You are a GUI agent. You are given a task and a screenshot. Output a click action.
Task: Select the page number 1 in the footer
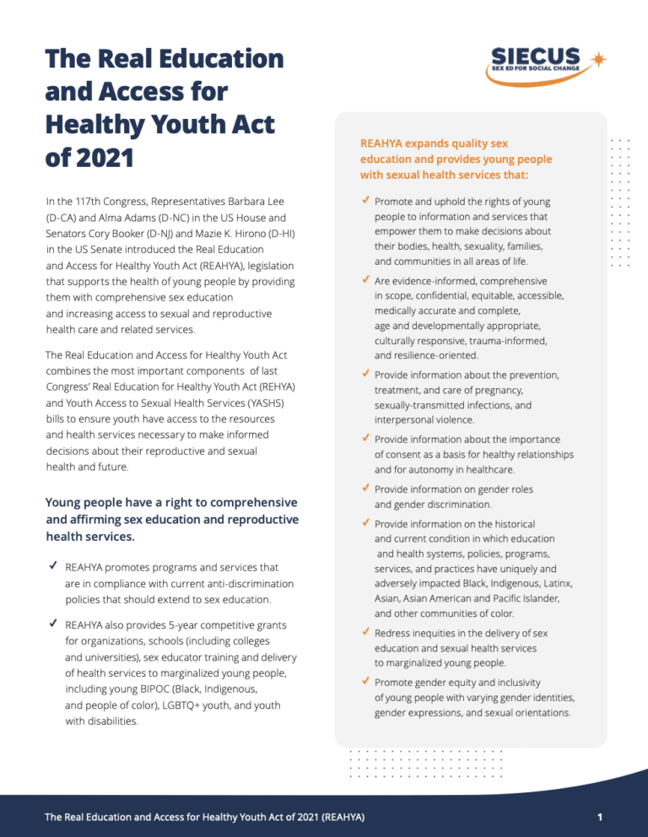pos(598,817)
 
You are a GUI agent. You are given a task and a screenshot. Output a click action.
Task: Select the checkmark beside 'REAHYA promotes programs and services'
pos(52,567)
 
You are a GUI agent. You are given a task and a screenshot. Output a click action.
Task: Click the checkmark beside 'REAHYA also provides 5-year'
pos(52,624)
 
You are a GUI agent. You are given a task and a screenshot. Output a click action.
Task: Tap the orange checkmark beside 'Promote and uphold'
pos(364,202)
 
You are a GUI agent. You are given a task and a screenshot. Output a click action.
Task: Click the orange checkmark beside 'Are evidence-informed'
pos(364,280)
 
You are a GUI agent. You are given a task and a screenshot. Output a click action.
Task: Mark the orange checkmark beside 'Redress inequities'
pos(364,632)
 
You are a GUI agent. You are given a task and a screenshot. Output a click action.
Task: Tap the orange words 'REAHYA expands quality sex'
pos(434,143)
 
